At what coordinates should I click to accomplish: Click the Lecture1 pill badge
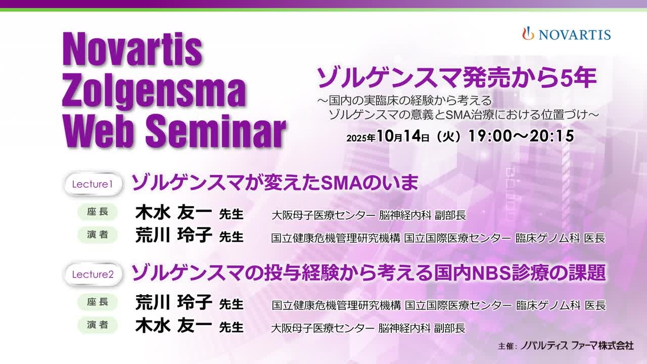point(93,184)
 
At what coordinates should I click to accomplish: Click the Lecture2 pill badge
point(93,274)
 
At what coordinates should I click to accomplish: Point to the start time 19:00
point(490,136)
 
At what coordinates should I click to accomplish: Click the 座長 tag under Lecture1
point(98,212)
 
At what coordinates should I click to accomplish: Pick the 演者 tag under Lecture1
point(98,235)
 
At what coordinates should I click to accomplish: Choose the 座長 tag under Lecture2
point(98,302)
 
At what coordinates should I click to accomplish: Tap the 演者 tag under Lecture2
point(98,325)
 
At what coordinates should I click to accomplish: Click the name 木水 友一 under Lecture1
point(173,212)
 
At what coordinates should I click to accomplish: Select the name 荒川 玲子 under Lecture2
point(173,302)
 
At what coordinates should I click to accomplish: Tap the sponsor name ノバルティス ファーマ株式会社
point(577,345)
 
